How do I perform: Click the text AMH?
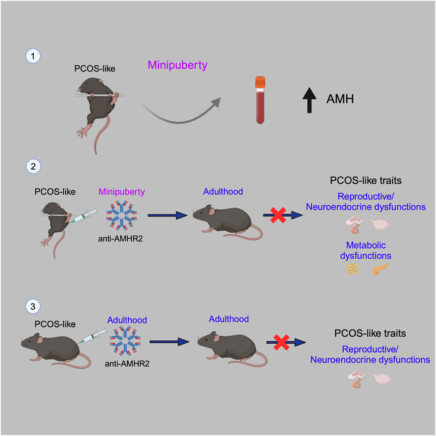340,100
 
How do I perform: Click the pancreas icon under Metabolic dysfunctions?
380,270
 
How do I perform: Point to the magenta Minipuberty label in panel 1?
177,65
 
